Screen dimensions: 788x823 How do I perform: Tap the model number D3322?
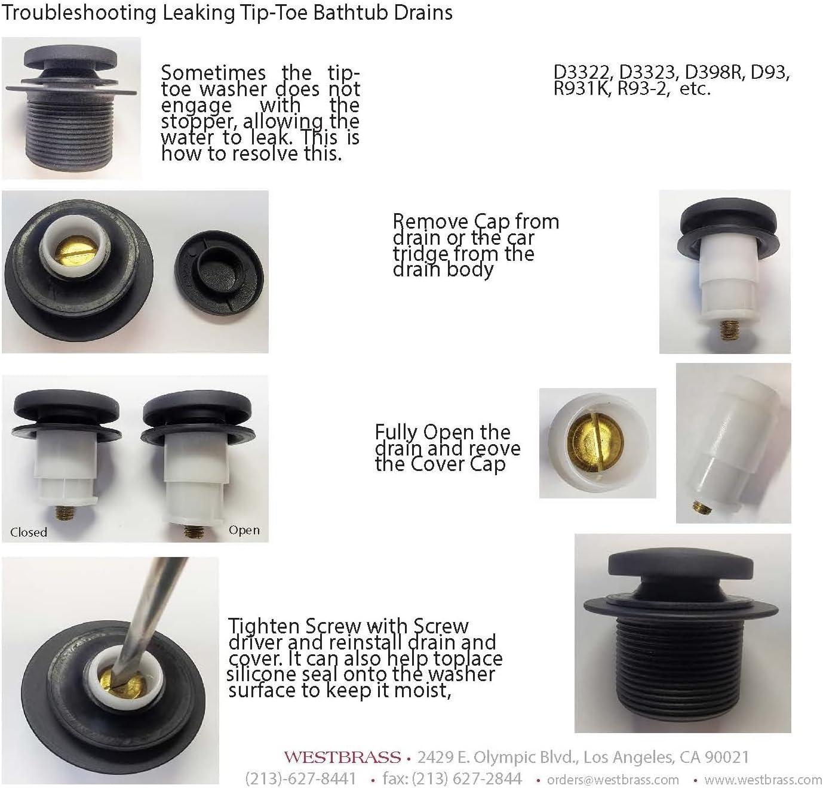[x=584, y=73]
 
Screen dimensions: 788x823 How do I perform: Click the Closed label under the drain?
[x=29, y=532]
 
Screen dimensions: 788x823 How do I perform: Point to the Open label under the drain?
[x=244, y=530]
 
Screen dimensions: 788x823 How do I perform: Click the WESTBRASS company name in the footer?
[x=342, y=758]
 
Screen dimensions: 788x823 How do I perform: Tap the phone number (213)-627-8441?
[x=300, y=778]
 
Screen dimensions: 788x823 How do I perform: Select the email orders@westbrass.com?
[x=613, y=780]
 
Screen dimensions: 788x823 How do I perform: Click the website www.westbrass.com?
[x=763, y=780]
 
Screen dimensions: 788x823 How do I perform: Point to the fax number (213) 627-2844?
[x=452, y=778]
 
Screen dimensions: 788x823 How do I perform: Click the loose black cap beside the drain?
[x=220, y=272]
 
